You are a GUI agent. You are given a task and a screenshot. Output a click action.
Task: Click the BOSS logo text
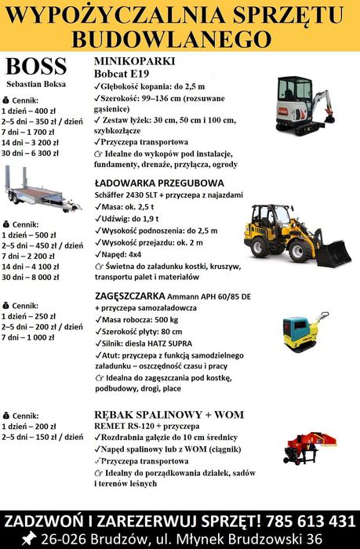pos(36,66)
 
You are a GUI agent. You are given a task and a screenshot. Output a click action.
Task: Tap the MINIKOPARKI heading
pos(134,61)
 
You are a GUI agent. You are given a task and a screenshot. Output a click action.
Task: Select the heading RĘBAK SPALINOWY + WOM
pos(169,414)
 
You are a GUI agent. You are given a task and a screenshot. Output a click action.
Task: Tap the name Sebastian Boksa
pos(36,83)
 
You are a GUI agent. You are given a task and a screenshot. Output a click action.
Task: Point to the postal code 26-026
pos(69,539)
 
